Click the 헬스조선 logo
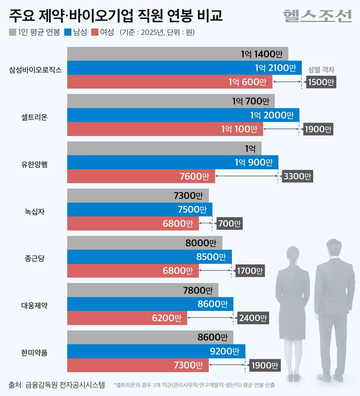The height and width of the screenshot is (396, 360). (x=317, y=15)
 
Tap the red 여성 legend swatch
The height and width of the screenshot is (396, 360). (x=95, y=32)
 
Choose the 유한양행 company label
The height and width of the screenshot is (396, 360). (x=34, y=164)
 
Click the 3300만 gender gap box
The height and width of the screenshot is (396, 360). (x=297, y=176)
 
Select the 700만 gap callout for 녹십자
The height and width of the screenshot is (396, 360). (x=229, y=224)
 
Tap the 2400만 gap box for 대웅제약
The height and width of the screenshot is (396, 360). (x=253, y=318)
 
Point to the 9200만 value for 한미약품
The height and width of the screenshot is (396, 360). (x=225, y=351)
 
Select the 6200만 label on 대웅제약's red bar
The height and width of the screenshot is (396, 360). (x=166, y=318)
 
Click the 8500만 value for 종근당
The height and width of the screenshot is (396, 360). (x=211, y=257)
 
